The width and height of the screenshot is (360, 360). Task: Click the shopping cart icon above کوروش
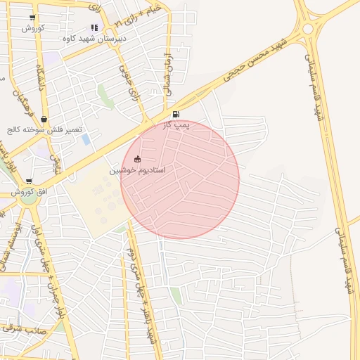[x=32, y=18]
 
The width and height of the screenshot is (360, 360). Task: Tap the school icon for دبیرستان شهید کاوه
[x=94, y=28]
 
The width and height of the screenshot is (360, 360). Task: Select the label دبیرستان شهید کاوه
[x=95, y=39]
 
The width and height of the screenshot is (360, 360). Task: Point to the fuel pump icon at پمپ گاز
[x=175, y=114]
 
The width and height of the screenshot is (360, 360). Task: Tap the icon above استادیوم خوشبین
[x=137, y=159]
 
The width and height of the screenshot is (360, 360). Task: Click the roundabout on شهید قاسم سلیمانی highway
[x=307, y=29]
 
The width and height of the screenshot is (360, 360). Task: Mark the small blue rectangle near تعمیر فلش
[x=86, y=139]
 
